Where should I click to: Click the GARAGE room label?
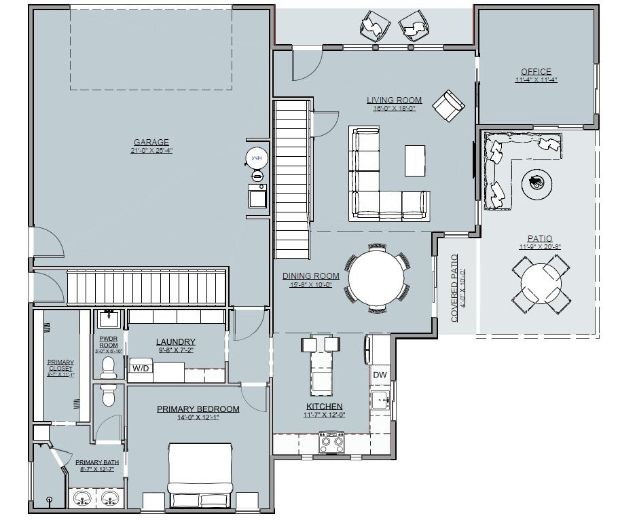tap(151, 143)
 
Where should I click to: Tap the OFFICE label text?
tap(536, 71)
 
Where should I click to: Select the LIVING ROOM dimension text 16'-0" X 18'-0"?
tap(394, 108)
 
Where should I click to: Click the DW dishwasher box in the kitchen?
tap(380, 375)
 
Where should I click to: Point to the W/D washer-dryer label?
tap(141, 369)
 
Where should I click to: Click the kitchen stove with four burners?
tap(331, 444)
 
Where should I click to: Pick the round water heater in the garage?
tap(257, 158)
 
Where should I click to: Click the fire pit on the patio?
tap(537, 182)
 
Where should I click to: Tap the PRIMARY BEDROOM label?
tap(198, 409)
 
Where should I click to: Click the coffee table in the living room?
tap(415, 161)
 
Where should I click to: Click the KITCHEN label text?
tap(324, 407)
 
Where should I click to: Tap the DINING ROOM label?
tap(310, 276)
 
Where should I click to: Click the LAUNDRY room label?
tap(175, 342)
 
